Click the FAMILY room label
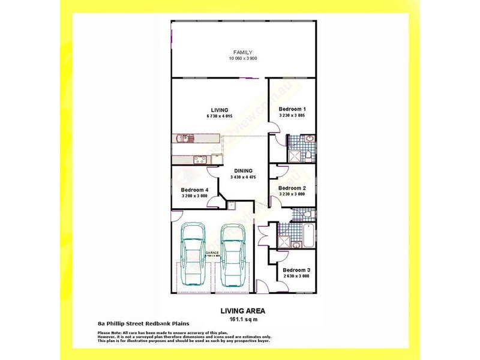point(243,52)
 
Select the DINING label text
point(243,170)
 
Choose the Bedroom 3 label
point(296,270)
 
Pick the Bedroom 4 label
point(194,190)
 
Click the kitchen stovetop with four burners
point(199,159)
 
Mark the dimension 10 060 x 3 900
point(243,59)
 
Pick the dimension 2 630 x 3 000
point(296,277)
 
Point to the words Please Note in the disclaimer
point(109,332)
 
